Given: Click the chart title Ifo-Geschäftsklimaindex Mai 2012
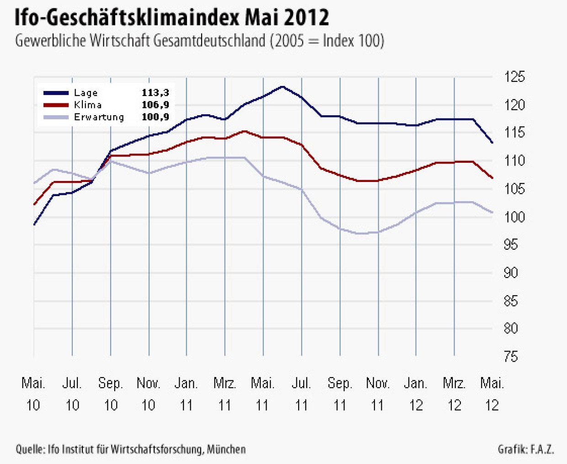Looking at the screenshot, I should coord(171,17).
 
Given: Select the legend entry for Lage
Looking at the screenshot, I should coord(86,93).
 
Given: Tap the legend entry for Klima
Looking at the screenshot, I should coord(87,105).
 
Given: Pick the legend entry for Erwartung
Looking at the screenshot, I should coord(99,117).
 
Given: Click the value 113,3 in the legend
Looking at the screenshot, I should coord(155,93).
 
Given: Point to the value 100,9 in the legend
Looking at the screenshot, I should coord(155,117).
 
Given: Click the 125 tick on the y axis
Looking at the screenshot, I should coord(514,77).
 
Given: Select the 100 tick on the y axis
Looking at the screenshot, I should coord(514,217).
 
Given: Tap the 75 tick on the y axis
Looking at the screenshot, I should coord(511,357).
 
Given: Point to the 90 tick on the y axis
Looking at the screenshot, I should coord(511,273).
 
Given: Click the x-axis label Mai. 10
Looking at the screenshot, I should coord(33,394).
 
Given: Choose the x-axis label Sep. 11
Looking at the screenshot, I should coord(340,394).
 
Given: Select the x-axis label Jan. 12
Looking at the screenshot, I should coord(416,394).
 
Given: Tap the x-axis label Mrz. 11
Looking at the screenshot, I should coord(225,394).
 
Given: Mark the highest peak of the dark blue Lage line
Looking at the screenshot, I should coord(282,86).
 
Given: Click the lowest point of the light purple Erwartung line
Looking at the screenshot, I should coord(361,234).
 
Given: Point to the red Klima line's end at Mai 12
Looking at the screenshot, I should coord(492,178).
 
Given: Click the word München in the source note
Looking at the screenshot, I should coord(226,449).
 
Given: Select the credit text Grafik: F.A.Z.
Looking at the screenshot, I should coord(526,449).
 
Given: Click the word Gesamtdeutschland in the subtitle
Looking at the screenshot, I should coord(209,41).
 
